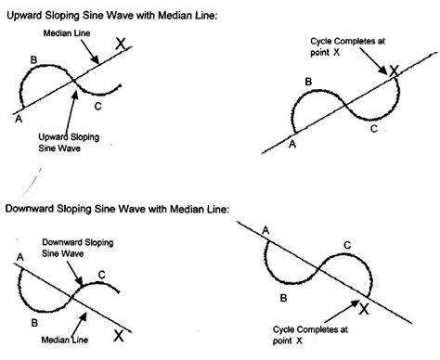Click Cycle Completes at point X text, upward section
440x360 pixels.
(x=344, y=48)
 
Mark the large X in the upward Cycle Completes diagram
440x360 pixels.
(x=394, y=70)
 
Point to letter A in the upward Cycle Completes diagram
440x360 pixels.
(x=293, y=144)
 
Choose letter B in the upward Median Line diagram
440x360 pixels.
(x=34, y=63)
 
